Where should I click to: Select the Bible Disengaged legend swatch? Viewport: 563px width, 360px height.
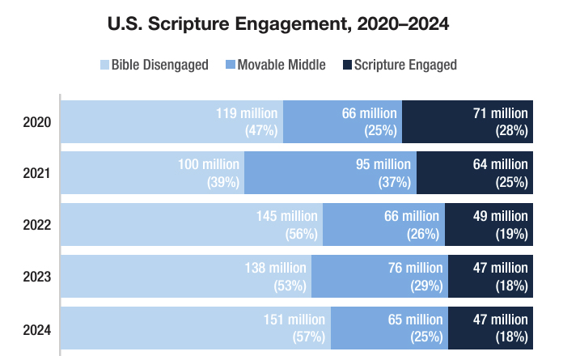[104, 65]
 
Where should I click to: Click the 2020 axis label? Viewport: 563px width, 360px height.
[37, 122]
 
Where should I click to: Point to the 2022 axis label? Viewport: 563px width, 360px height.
[37, 225]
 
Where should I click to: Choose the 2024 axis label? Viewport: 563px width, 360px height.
[37, 329]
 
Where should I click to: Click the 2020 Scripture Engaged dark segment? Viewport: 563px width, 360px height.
[468, 122]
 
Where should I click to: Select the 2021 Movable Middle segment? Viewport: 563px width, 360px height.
[330, 173]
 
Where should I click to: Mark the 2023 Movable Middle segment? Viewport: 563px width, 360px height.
[379, 277]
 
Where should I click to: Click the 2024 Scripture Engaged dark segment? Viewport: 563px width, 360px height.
[490, 328]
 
